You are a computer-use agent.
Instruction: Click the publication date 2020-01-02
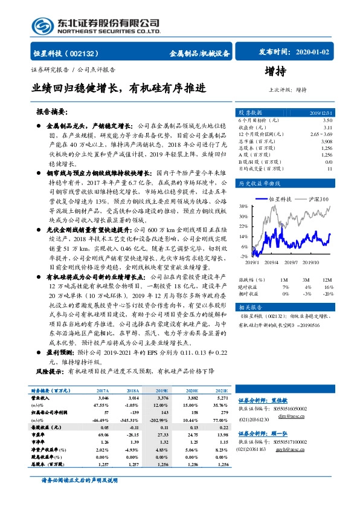[x=312, y=53]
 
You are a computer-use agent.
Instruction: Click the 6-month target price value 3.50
[x=327, y=121]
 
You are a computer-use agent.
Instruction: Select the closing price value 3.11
[x=327, y=128]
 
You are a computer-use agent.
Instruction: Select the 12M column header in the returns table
[x=327, y=280]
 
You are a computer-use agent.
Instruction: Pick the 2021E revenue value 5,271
[x=221, y=399]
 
